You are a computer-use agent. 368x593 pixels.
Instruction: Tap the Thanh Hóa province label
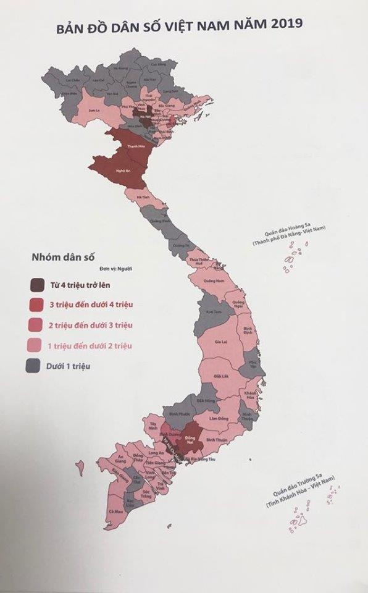tap(132, 146)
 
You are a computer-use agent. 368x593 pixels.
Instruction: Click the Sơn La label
tap(94, 110)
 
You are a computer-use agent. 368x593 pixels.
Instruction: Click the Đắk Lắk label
tap(222, 376)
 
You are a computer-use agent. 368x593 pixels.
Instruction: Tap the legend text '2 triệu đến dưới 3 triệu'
tap(90, 325)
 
